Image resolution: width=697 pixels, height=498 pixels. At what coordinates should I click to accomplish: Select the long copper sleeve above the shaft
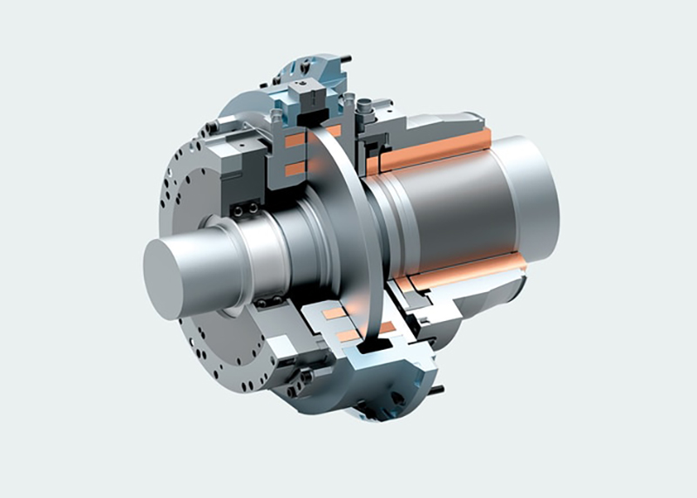(x=436, y=150)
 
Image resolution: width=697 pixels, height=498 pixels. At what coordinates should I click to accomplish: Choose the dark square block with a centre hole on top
(x=303, y=88)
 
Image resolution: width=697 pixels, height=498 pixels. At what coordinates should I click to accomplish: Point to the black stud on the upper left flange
(x=213, y=130)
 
